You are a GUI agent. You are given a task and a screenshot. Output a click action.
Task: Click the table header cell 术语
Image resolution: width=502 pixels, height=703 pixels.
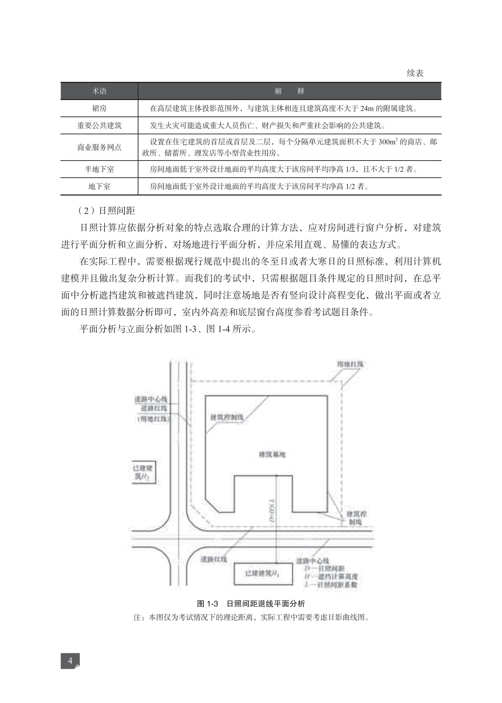pyautogui.click(x=99, y=91)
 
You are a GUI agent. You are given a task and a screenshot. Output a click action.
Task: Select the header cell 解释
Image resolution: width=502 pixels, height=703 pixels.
pyautogui.click(x=289, y=91)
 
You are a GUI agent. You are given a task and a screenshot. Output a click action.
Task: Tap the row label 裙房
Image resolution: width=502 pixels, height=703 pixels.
pyautogui.click(x=99, y=108)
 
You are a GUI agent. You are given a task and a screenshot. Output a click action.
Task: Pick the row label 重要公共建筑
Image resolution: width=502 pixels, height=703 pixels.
pyautogui.click(x=99, y=126)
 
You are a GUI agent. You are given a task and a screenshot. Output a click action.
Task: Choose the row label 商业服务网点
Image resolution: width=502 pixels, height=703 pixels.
pyautogui.click(x=99, y=147)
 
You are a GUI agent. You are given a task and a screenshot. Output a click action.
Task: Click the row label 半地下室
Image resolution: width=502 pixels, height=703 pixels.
pyautogui.click(x=99, y=169)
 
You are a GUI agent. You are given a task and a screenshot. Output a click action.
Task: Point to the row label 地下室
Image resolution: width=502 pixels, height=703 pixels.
pyautogui.click(x=99, y=186)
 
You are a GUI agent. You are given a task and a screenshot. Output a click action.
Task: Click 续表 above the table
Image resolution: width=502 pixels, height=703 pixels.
pyautogui.click(x=415, y=73)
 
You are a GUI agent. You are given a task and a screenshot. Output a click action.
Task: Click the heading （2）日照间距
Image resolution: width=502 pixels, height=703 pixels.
pyautogui.click(x=106, y=211)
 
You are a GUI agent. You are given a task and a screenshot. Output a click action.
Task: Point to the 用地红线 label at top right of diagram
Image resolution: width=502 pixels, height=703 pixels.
pyautogui.click(x=350, y=364)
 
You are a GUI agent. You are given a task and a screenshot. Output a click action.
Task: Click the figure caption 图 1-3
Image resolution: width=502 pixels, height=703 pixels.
pyautogui.click(x=208, y=603)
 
